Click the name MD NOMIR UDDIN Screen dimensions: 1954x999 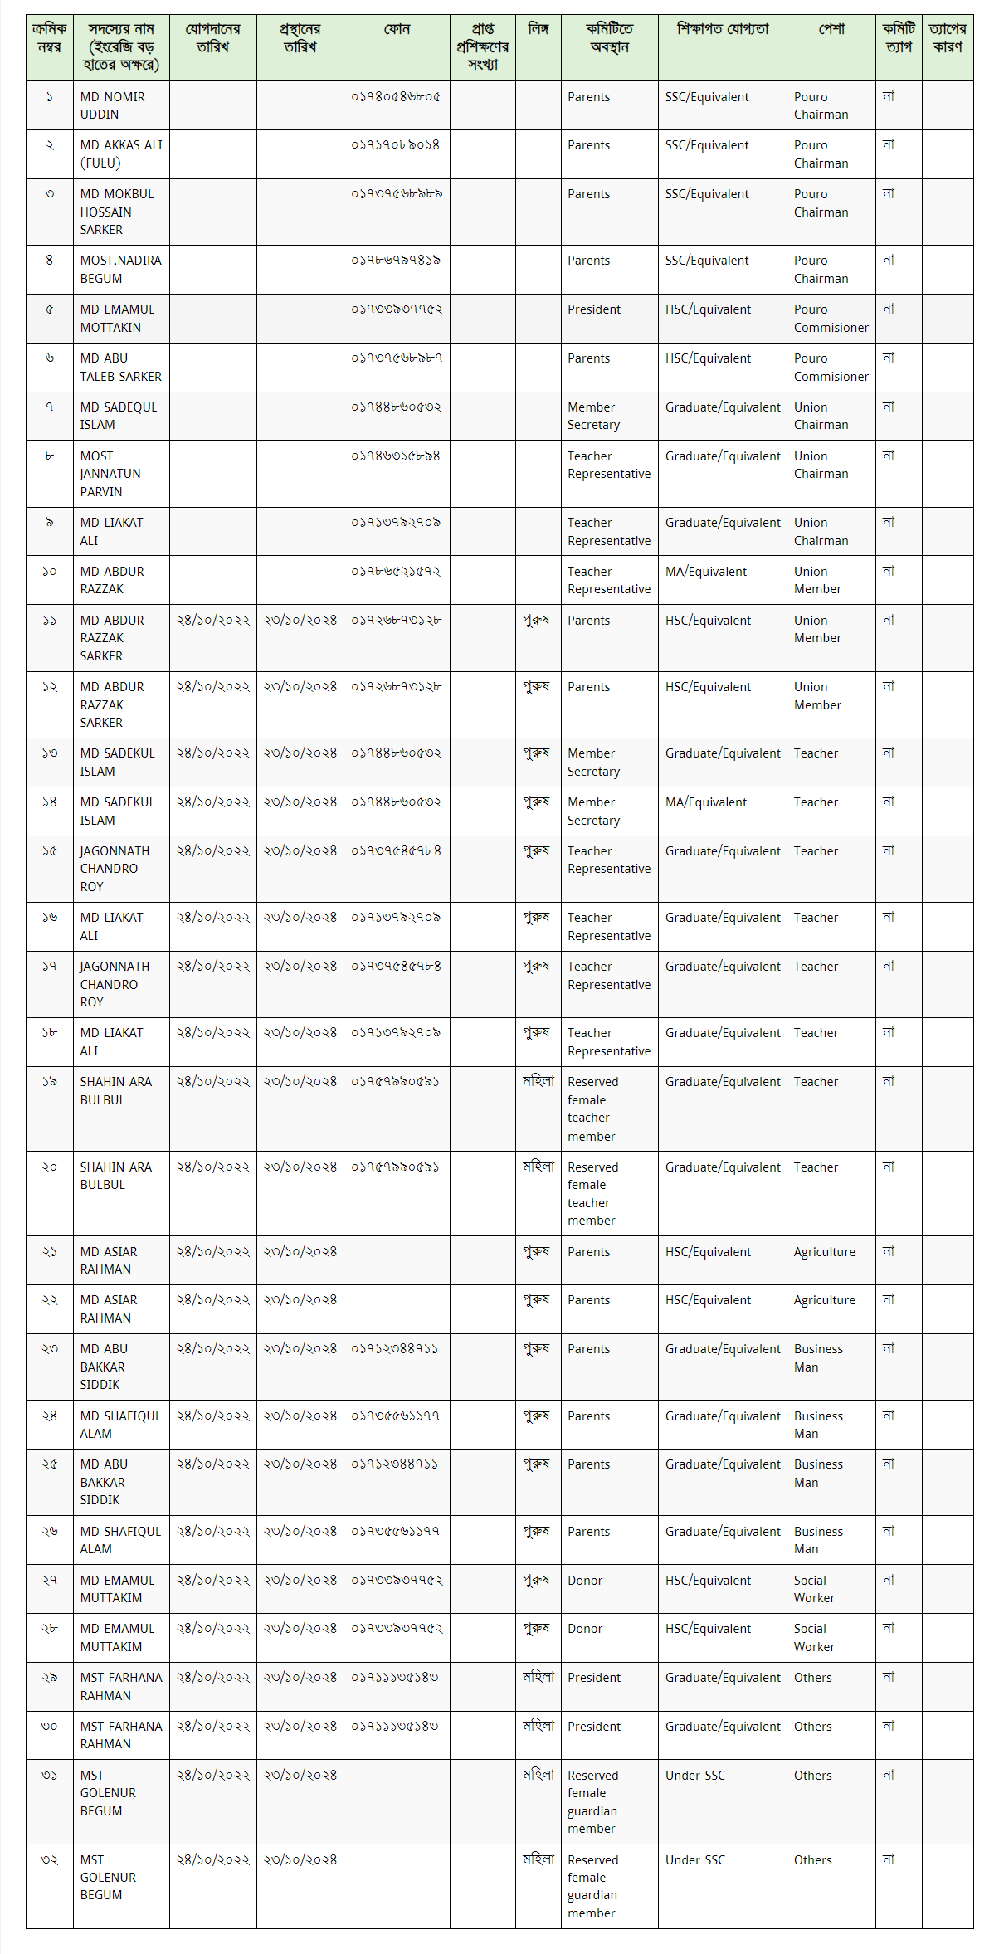click(x=112, y=105)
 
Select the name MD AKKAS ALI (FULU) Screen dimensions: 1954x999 click(x=120, y=154)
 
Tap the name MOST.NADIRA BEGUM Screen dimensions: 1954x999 click(x=120, y=270)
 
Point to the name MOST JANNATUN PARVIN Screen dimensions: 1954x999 click(x=110, y=474)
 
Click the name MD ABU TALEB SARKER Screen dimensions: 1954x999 click(x=120, y=368)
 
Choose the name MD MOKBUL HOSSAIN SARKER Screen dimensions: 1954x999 click(x=117, y=212)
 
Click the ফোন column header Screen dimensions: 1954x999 click(x=397, y=30)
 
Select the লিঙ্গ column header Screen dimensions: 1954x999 click(x=538, y=30)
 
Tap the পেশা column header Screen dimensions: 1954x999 click(x=831, y=30)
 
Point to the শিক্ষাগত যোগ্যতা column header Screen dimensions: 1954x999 click(x=722, y=30)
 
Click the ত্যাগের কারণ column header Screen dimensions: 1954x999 click(x=947, y=38)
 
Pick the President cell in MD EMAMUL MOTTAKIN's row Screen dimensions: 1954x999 click(x=594, y=309)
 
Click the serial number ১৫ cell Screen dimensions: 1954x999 click(x=50, y=851)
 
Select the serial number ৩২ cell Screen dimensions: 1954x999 click(x=50, y=1860)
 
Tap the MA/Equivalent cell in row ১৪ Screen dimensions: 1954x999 click(x=705, y=802)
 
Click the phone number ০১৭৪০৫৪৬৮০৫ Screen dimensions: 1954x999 click(x=396, y=97)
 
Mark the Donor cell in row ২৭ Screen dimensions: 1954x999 click(x=585, y=1581)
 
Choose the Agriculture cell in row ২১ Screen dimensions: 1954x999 click(x=824, y=1252)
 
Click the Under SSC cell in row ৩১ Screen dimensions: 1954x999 click(x=694, y=1776)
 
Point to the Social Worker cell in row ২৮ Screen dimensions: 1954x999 click(x=814, y=1638)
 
